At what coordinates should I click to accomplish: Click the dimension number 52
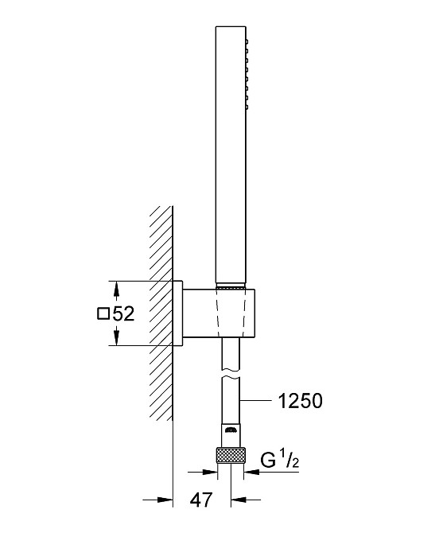pyautogui.click(x=123, y=313)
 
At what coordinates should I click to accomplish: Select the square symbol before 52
pyautogui.click(x=103, y=313)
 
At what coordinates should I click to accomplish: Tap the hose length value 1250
pyautogui.click(x=301, y=401)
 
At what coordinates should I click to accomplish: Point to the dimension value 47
pyautogui.click(x=201, y=500)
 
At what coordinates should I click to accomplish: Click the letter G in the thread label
pyautogui.click(x=268, y=461)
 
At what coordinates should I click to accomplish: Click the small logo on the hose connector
pyautogui.click(x=231, y=430)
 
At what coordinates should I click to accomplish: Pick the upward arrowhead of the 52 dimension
pyautogui.click(x=116, y=290)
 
